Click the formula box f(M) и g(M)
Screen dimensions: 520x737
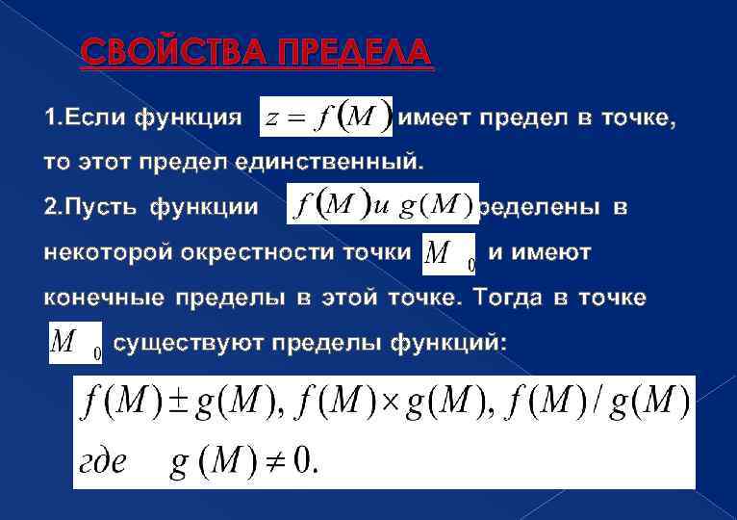[x=382, y=205]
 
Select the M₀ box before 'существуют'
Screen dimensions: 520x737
[x=76, y=343]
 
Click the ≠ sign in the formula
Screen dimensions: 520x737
[x=273, y=461]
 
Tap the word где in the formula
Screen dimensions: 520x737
[x=100, y=462]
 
